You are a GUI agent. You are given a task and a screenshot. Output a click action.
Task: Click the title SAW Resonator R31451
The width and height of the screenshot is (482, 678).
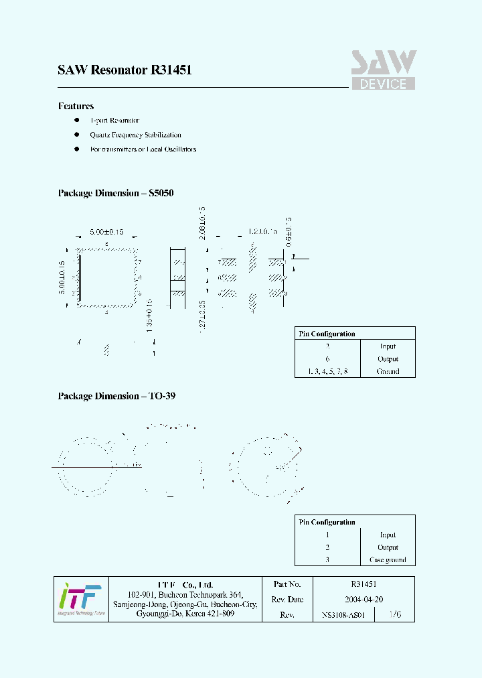click(125, 70)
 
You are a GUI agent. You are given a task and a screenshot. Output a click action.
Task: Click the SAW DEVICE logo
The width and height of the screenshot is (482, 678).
click(384, 70)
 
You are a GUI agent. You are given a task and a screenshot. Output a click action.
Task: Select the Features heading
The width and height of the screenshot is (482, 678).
click(76, 106)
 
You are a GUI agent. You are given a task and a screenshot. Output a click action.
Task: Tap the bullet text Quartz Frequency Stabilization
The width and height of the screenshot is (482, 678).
click(135, 135)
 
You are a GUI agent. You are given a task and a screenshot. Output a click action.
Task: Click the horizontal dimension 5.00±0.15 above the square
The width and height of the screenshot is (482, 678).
click(107, 232)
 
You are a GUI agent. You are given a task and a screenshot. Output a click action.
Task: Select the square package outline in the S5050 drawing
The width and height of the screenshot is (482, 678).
click(107, 278)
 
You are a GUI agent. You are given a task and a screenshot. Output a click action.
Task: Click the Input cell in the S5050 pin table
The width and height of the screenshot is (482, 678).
click(388, 346)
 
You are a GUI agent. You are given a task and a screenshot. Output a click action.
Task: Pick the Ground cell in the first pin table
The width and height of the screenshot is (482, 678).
click(388, 371)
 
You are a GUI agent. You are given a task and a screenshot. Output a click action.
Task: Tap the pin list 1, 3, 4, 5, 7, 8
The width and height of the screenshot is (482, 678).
click(327, 371)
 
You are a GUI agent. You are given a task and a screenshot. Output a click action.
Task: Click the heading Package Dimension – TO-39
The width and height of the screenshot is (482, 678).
click(116, 396)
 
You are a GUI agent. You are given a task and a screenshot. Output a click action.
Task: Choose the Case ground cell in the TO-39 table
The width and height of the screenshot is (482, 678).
click(388, 560)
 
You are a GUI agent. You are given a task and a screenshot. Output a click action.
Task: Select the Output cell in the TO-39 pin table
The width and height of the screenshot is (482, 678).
click(388, 547)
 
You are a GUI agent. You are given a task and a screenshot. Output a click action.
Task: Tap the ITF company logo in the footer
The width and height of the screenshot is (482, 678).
click(80, 598)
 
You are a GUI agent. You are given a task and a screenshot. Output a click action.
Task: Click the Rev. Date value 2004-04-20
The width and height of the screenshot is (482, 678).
click(363, 600)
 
